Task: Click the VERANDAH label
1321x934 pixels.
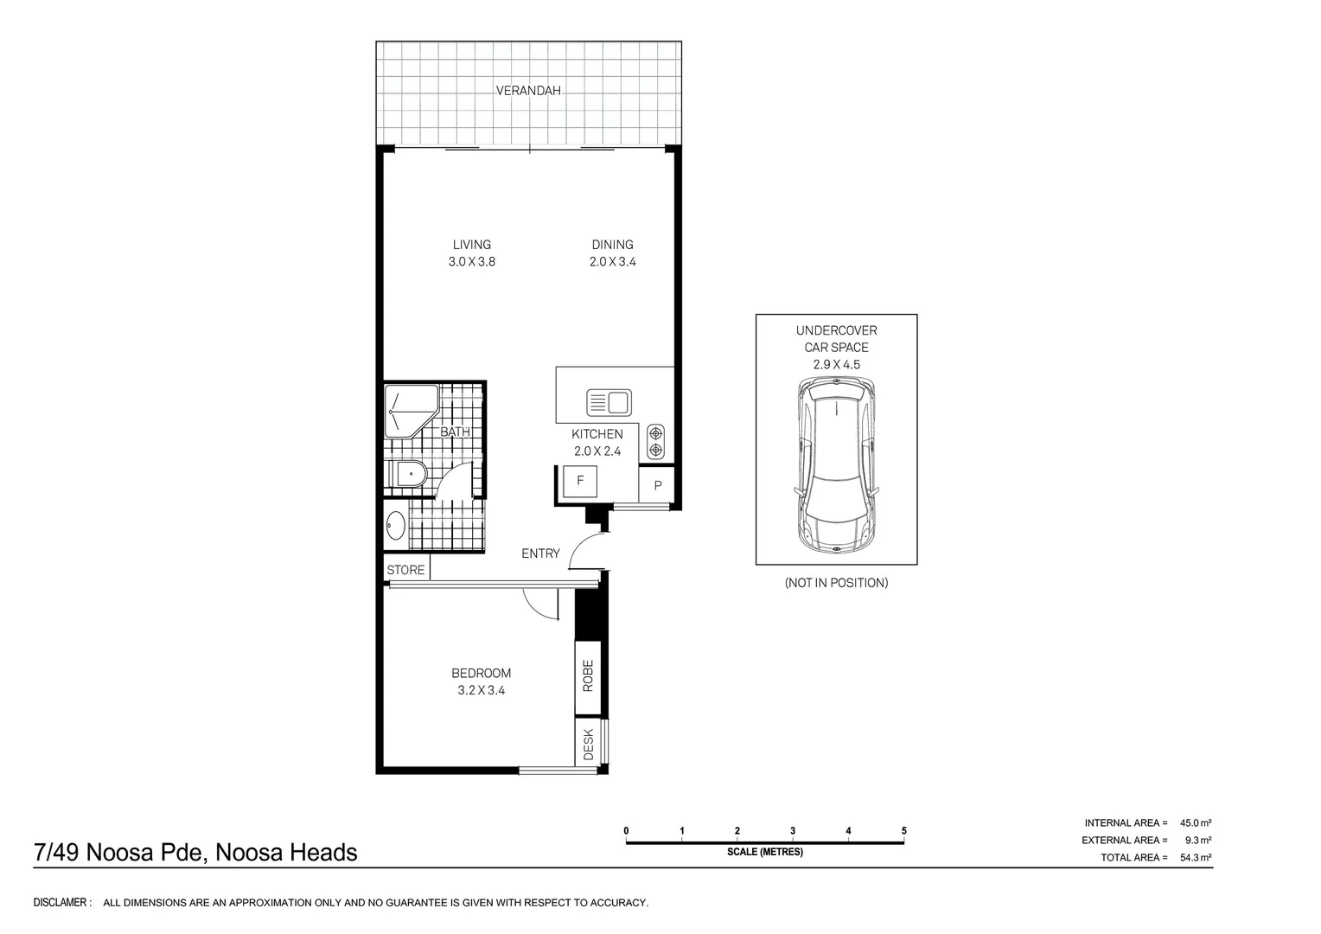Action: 528,90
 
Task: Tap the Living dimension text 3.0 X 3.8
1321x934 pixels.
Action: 471,262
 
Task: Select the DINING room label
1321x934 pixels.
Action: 612,245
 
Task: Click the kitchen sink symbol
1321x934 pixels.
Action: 609,403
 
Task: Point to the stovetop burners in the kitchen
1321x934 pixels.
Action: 655,441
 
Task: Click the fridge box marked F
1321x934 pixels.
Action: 580,480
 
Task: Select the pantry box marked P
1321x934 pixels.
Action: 657,486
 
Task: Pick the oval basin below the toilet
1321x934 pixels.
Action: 396,526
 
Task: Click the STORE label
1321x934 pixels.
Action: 405,570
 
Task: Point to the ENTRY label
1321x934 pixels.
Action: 540,553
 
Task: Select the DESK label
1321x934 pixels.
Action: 588,744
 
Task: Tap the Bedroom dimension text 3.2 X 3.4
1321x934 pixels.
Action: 481,690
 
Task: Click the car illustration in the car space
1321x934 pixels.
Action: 836,468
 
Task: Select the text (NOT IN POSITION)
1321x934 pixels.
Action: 836,583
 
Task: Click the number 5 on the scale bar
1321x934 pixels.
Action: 904,831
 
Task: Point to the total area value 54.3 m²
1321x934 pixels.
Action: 1197,858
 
